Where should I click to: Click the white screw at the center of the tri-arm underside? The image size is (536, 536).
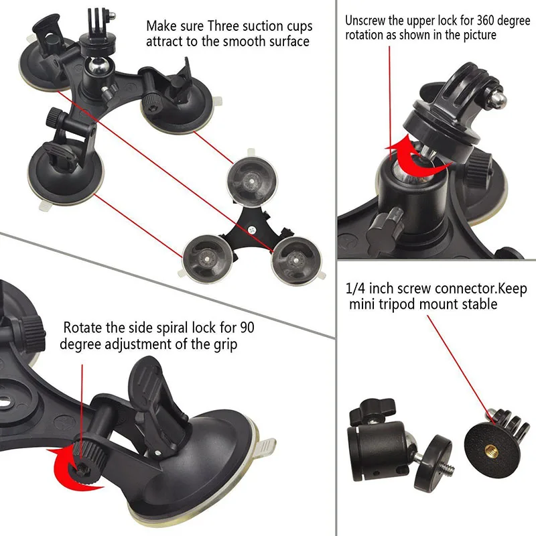click(253, 229)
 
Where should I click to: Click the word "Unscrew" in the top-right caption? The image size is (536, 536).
click(368, 20)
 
